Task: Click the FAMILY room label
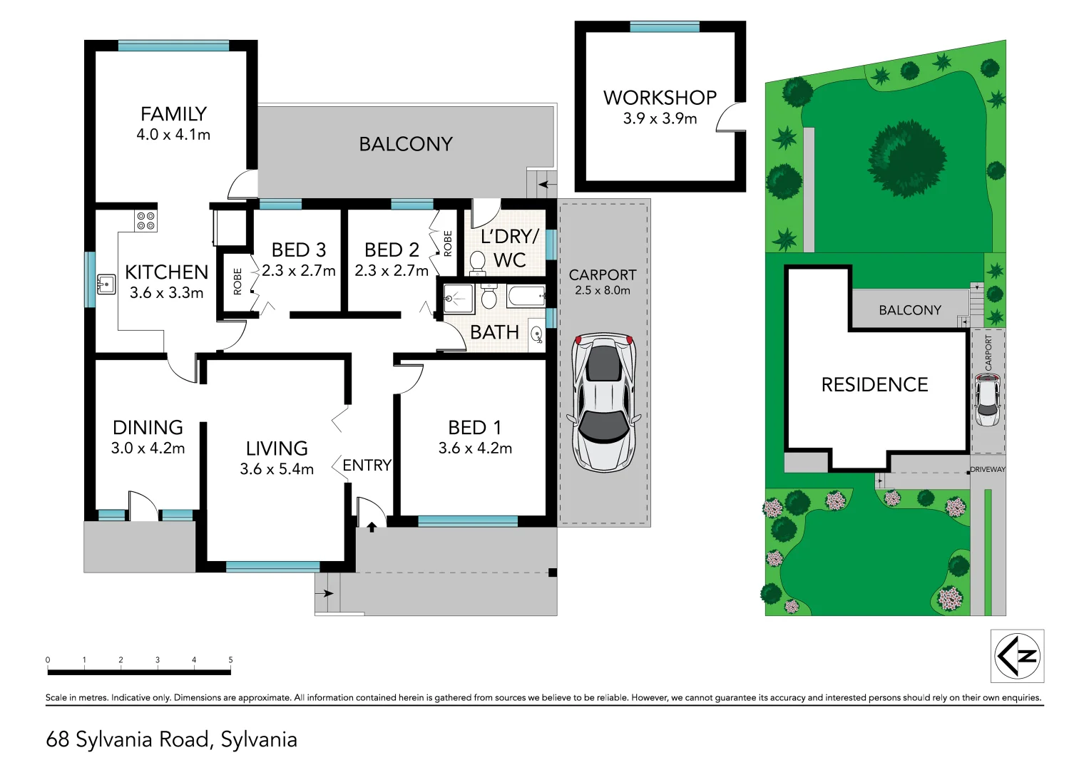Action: click(173, 114)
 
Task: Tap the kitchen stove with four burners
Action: click(146, 220)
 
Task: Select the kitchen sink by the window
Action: click(106, 284)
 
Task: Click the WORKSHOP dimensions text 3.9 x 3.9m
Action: click(660, 119)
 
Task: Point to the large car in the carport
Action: click(603, 403)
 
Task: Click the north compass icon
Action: click(1018, 656)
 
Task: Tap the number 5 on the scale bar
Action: click(230, 660)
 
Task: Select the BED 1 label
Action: click(474, 428)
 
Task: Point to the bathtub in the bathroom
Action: click(526, 295)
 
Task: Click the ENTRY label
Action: click(367, 466)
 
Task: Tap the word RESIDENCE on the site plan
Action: click(874, 385)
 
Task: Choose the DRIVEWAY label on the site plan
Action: click(988, 469)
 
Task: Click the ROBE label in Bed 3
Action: click(237, 282)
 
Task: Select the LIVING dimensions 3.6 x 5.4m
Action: click(277, 469)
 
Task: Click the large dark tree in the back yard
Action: click(906, 158)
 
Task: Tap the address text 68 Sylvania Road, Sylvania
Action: click(171, 739)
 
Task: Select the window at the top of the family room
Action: click(173, 46)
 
